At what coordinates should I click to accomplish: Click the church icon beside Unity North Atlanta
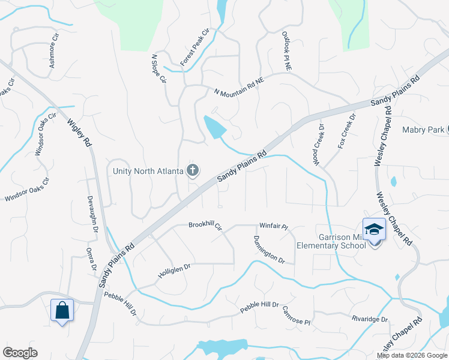click(x=193, y=171)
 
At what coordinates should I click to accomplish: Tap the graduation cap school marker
click(x=373, y=229)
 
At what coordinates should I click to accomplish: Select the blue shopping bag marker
click(x=62, y=310)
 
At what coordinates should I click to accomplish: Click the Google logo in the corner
click(x=20, y=353)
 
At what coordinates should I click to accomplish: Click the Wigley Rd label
click(x=79, y=133)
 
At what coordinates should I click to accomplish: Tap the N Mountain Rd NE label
click(x=239, y=86)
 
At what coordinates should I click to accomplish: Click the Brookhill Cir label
click(x=205, y=226)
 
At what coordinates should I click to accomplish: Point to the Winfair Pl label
click(x=274, y=227)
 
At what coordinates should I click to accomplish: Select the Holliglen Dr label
click(x=174, y=270)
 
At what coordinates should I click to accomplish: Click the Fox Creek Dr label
click(x=346, y=131)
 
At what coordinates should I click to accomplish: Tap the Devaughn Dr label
click(x=94, y=212)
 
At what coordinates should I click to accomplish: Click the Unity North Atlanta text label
click(x=148, y=171)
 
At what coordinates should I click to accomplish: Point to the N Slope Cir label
click(x=158, y=69)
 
